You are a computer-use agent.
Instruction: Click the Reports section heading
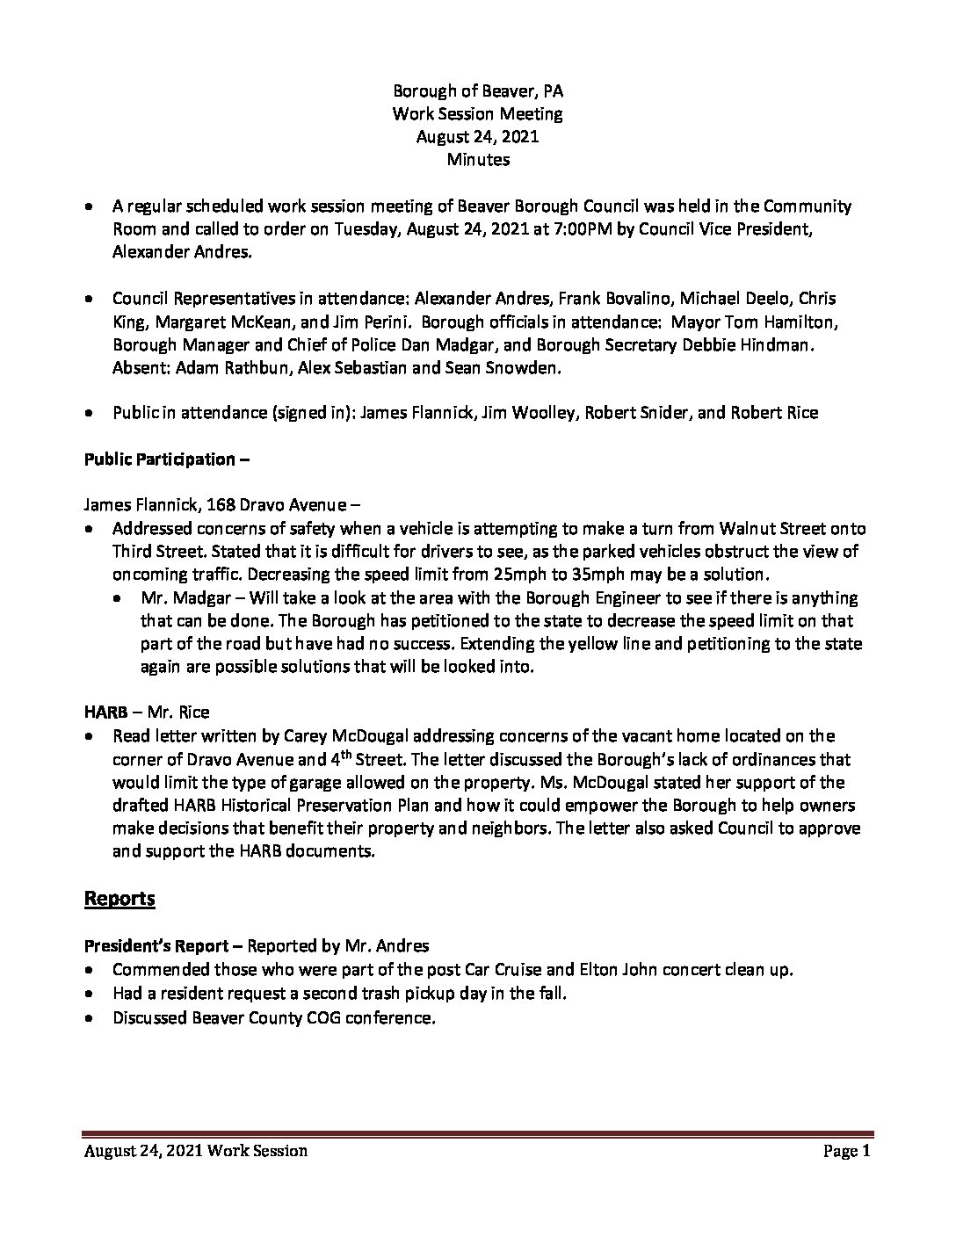[x=119, y=898]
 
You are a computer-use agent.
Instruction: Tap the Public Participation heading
[x=160, y=459]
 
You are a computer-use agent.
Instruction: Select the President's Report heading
[x=163, y=946]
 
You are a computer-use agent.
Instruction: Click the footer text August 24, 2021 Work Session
[x=196, y=1151]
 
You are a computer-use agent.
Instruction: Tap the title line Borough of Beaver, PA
[x=478, y=90]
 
